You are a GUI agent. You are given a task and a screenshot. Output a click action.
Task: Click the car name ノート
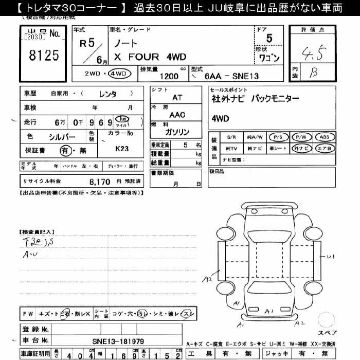tap(123, 44)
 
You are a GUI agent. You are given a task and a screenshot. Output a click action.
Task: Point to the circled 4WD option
tap(120, 74)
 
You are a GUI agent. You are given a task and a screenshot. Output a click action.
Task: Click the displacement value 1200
tap(169, 76)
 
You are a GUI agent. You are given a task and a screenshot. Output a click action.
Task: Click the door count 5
tap(269, 38)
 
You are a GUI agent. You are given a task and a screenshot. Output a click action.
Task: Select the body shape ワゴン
tap(268, 58)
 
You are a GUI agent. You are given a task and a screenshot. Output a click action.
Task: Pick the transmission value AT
tap(177, 97)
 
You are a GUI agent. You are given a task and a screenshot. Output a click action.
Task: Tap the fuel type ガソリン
tap(176, 132)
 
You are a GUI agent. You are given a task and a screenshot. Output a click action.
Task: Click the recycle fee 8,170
tap(100, 181)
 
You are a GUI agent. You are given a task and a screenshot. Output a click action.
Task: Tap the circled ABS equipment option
tap(325, 137)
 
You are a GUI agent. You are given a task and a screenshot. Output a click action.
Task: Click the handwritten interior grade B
tap(312, 73)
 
